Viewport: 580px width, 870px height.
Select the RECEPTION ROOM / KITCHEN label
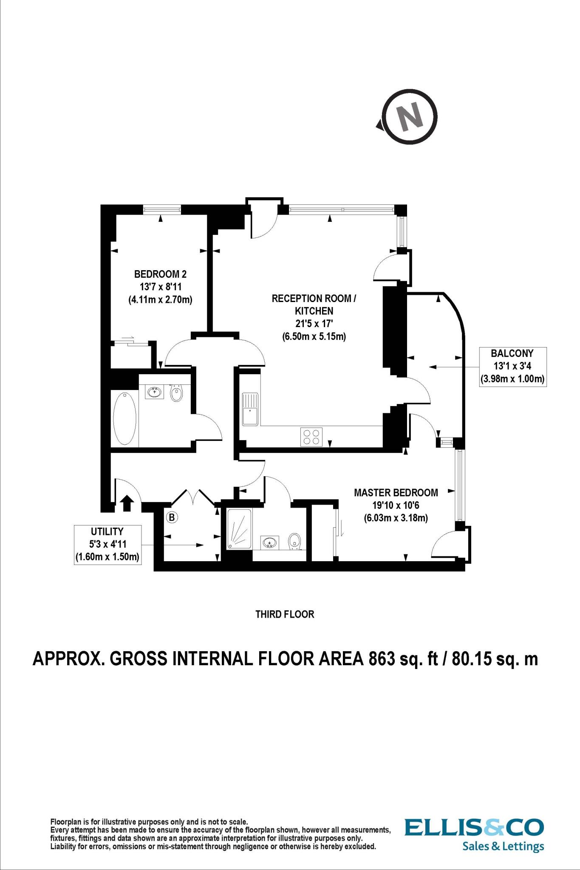coord(314,317)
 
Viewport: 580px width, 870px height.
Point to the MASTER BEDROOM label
coord(396,505)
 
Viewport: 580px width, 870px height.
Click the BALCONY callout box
coord(512,366)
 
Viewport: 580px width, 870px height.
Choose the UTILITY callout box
coord(107,544)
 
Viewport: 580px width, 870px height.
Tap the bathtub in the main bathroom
coord(124,418)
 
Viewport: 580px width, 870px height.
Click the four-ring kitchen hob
coord(311,437)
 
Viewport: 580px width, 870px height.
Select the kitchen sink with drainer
coord(250,409)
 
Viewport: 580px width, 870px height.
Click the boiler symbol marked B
coord(172,517)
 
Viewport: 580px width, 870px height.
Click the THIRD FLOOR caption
coord(284,614)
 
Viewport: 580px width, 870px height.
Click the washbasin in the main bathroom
coord(155,392)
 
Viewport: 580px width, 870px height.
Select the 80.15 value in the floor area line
coord(473,659)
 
